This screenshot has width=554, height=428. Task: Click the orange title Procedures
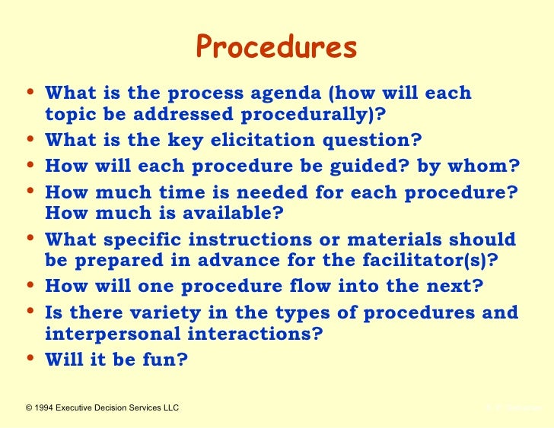(276, 48)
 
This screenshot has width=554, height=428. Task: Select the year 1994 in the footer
(48, 408)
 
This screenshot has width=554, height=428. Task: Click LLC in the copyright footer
(170, 408)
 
